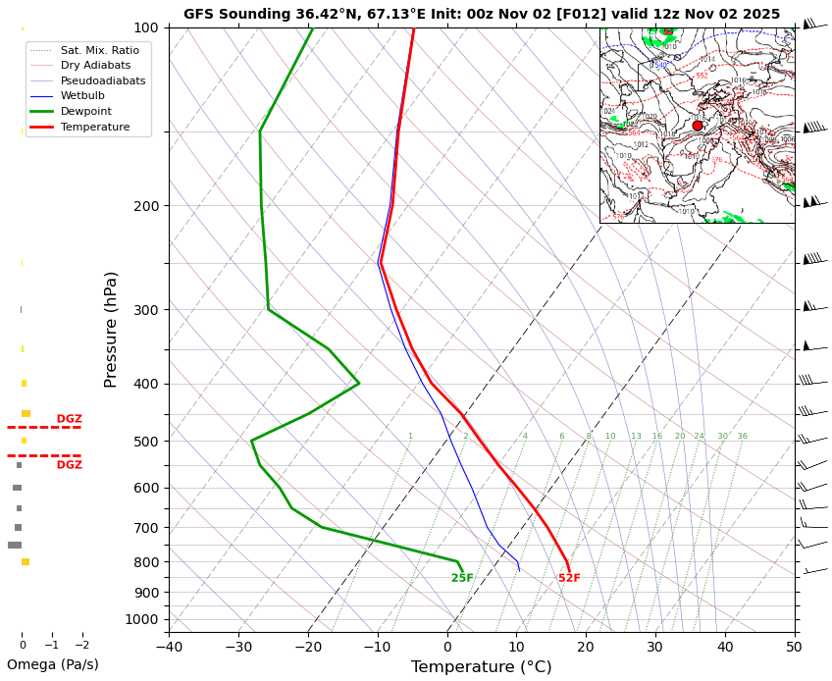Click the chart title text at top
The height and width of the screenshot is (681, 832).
point(481,14)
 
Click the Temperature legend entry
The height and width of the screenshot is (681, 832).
point(94,128)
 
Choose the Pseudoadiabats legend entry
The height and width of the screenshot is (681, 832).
point(102,80)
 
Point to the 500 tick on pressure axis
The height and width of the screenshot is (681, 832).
point(145,442)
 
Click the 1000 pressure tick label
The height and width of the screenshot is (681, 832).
point(141,619)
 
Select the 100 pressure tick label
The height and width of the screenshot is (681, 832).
point(145,27)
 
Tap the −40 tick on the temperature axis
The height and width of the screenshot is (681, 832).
point(169,647)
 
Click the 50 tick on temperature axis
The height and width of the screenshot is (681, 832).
point(795,647)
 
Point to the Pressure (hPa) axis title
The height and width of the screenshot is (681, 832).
point(111,329)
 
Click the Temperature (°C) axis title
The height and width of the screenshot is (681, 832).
point(481,667)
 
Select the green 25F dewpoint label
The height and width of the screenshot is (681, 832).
point(462,578)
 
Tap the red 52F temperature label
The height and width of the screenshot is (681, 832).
point(569,578)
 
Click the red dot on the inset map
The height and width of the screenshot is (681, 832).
point(698,126)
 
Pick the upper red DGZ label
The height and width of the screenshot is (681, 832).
point(69,419)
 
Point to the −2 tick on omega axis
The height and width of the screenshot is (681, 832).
point(82,645)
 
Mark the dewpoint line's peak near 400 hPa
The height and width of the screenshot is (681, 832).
point(359,383)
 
